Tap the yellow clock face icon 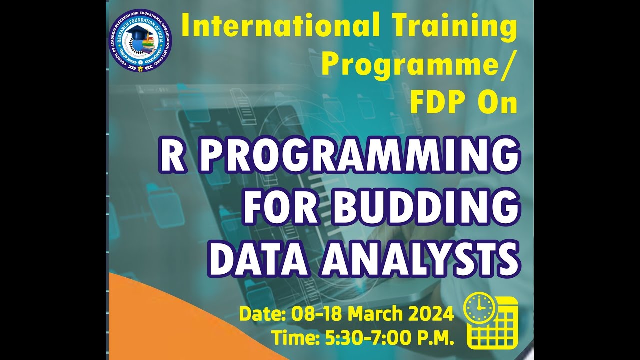point(479,308)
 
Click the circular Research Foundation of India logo point(140,41)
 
